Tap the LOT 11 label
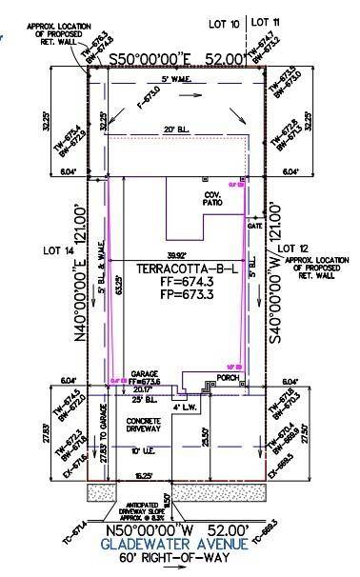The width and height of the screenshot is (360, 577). click(x=266, y=20)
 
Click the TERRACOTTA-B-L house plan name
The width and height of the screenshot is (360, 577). click(x=178, y=269)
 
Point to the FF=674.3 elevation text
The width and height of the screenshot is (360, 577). click(x=178, y=283)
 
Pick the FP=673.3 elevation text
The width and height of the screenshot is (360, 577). click(x=178, y=297)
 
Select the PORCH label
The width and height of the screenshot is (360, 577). click(x=227, y=377)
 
